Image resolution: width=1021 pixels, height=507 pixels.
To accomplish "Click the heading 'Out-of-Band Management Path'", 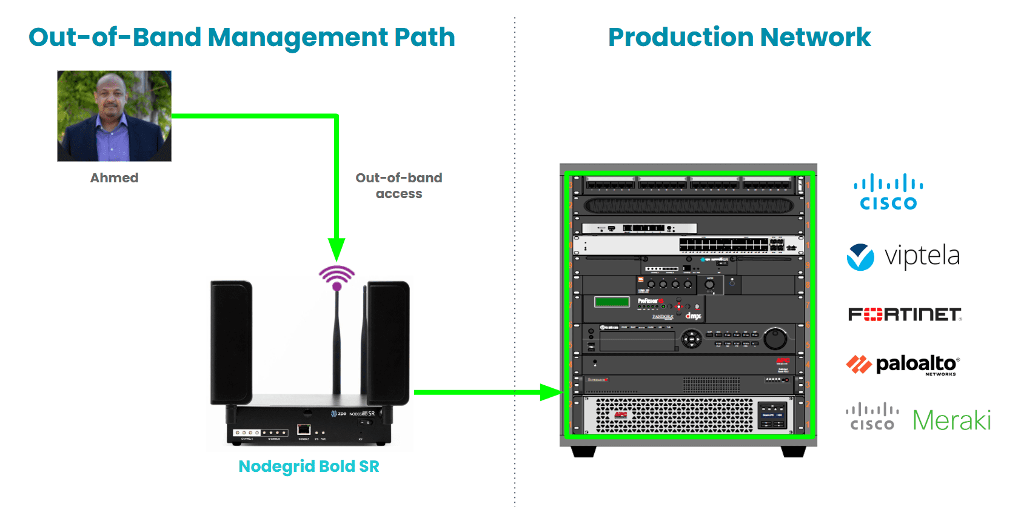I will pos(241,38).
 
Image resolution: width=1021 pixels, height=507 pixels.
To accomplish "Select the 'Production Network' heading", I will pos(739,38).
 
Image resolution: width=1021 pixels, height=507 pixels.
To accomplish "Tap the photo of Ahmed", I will pos(114,116).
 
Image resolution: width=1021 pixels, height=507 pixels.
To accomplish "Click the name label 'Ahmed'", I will pos(114,178).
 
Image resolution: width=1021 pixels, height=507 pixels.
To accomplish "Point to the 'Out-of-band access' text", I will pos(398,185).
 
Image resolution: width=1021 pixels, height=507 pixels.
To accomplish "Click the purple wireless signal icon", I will pos(336,276).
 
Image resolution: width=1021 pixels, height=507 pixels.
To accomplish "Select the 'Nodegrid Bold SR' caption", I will pos(309,466).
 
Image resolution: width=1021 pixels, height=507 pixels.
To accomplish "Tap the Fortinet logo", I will pos(905,314).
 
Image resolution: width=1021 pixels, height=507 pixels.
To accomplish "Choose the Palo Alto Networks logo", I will pos(902,365).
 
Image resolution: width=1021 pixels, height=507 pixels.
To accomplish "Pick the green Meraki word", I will pos(951,420).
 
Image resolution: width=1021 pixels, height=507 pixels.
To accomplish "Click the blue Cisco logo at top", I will pos(888,192).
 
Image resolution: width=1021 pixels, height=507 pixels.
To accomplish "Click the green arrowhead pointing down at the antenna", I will pos(336,249).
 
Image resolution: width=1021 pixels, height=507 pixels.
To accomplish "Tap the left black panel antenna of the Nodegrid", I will pos(231,342).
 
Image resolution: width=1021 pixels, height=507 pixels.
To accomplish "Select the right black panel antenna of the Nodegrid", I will pos(388,342).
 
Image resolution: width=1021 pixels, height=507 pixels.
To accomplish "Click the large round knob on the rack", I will pos(775,339).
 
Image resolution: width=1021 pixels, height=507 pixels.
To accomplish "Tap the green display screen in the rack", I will pos(612,302).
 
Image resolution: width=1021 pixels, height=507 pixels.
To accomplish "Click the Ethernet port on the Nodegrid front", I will pos(304,429).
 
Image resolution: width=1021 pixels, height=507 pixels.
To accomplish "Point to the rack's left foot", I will pos(583,451).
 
